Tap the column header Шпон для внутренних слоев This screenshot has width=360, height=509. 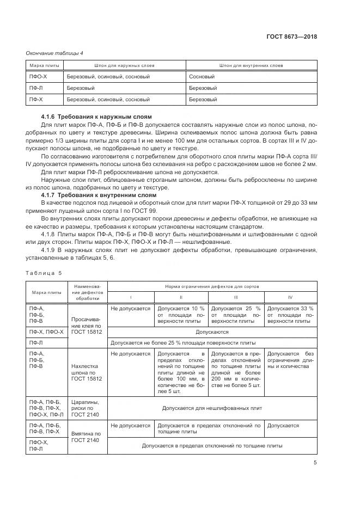tap(252, 65)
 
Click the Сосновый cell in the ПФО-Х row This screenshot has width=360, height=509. tap(202, 77)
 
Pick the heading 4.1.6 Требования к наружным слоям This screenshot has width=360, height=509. tap(96, 117)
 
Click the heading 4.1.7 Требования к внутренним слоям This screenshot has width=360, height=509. tap(99, 195)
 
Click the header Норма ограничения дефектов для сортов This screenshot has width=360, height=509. tap(212, 286)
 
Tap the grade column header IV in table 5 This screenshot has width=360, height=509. tap(290, 297)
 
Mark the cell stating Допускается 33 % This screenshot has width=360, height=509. tap(290, 314)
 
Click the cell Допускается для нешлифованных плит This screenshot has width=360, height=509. tap(212, 408)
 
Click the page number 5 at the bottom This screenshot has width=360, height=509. tap(315, 463)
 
